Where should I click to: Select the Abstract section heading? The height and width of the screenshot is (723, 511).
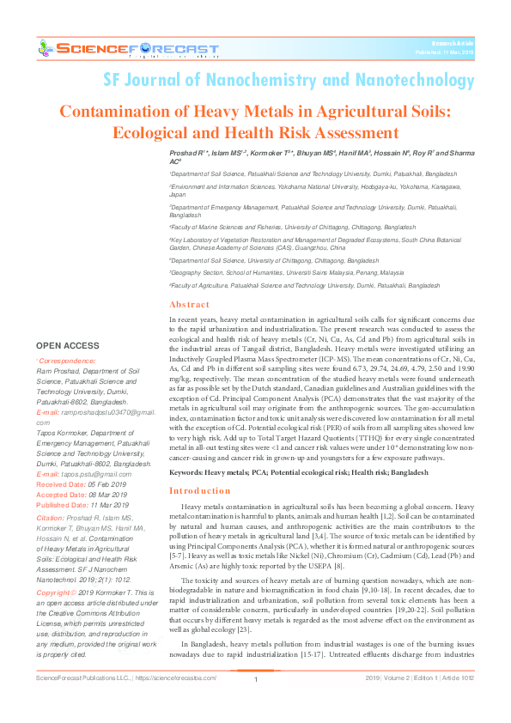[x=189, y=305]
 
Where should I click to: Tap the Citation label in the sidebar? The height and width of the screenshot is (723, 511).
[x=50, y=519]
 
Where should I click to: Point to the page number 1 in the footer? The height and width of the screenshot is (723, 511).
[x=256, y=704]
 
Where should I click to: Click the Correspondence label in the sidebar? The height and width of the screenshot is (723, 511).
[x=66, y=361]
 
